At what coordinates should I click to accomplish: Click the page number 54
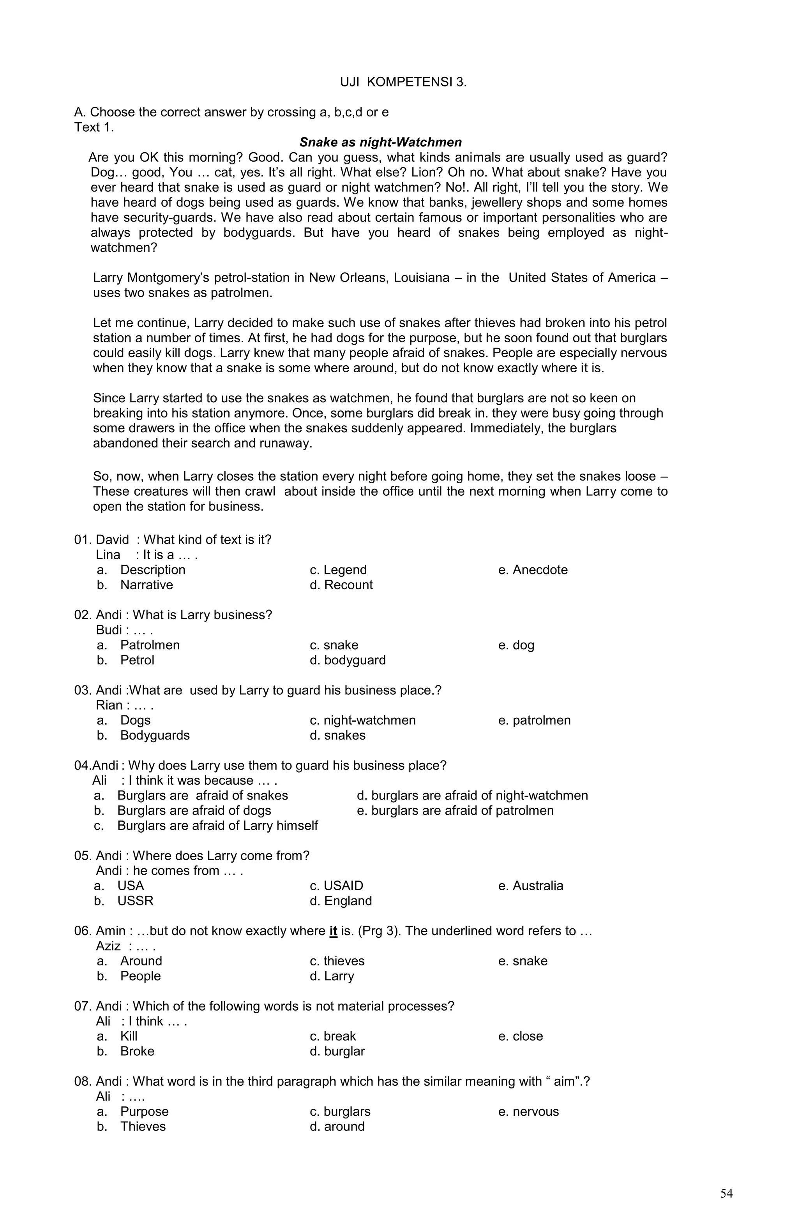tap(726, 1193)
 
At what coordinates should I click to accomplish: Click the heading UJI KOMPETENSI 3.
tap(403, 82)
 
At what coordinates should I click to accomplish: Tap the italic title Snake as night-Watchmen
tap(380, 143)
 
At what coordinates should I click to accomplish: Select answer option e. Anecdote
tap(533, 570)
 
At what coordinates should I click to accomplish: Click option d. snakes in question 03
tap(337, 735)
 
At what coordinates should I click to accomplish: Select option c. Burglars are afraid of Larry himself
tap(206, 826)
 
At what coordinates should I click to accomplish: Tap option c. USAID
tap(337, 886)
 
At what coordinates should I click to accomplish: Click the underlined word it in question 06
tap(333, 931)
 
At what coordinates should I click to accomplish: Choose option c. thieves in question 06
tap(337, 961)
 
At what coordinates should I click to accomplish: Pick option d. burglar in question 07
tap(337, 1051)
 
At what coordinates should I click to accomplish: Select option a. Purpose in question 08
tap(133, 1111)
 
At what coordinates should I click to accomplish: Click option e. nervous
tap(528, 1111)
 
